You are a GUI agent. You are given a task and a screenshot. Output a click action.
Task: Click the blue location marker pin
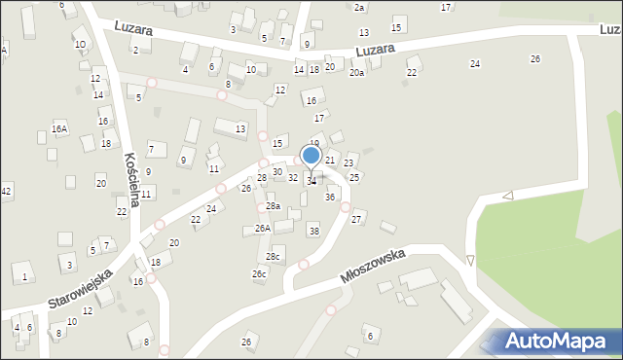click(x=311, y=157)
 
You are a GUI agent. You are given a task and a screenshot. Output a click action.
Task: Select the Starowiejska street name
click(x=80, y=288)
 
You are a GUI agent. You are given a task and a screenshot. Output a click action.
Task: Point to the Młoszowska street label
click(x=373, y=264)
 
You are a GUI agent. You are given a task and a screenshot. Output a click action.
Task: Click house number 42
click(x=6, y=191)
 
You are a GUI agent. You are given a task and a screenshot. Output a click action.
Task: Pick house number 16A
click(x=59, y=128)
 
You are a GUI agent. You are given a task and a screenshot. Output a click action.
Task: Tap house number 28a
click(x=274, y=206)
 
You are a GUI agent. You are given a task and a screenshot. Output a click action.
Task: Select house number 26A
click(x=262, y=228)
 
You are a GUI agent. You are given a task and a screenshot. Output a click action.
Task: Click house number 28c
click(x=274, y=256)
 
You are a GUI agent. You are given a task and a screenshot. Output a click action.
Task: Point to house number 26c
click(x=259, y=274)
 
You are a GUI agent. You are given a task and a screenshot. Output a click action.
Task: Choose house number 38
click(x=313, y=231)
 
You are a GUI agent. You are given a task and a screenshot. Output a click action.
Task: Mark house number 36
click(x=330, y=197)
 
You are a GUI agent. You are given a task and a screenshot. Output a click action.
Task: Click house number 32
click(x=292, y=177)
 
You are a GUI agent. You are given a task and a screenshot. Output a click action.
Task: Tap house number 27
click(x=357, y=219)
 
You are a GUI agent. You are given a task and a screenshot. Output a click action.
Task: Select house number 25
click(x=354, y=177)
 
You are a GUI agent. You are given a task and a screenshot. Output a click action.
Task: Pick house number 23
click(x=348, y=162)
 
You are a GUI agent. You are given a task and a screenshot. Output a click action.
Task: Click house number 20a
click(x=357, y=73)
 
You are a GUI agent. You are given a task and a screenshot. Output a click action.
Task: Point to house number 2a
click(x=358, y=7)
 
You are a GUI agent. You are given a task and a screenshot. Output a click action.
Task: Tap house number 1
click(x=24, y=277)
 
